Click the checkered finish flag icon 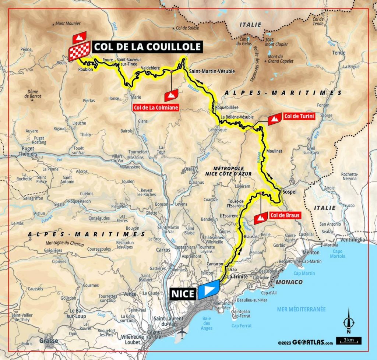79,51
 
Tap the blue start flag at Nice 209,290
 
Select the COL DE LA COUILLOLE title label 147,46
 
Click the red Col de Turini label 299,117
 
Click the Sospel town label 289,192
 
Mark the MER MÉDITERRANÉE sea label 302,309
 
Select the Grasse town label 48,340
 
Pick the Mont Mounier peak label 68,24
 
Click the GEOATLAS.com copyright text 306,342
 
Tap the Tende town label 339,53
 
